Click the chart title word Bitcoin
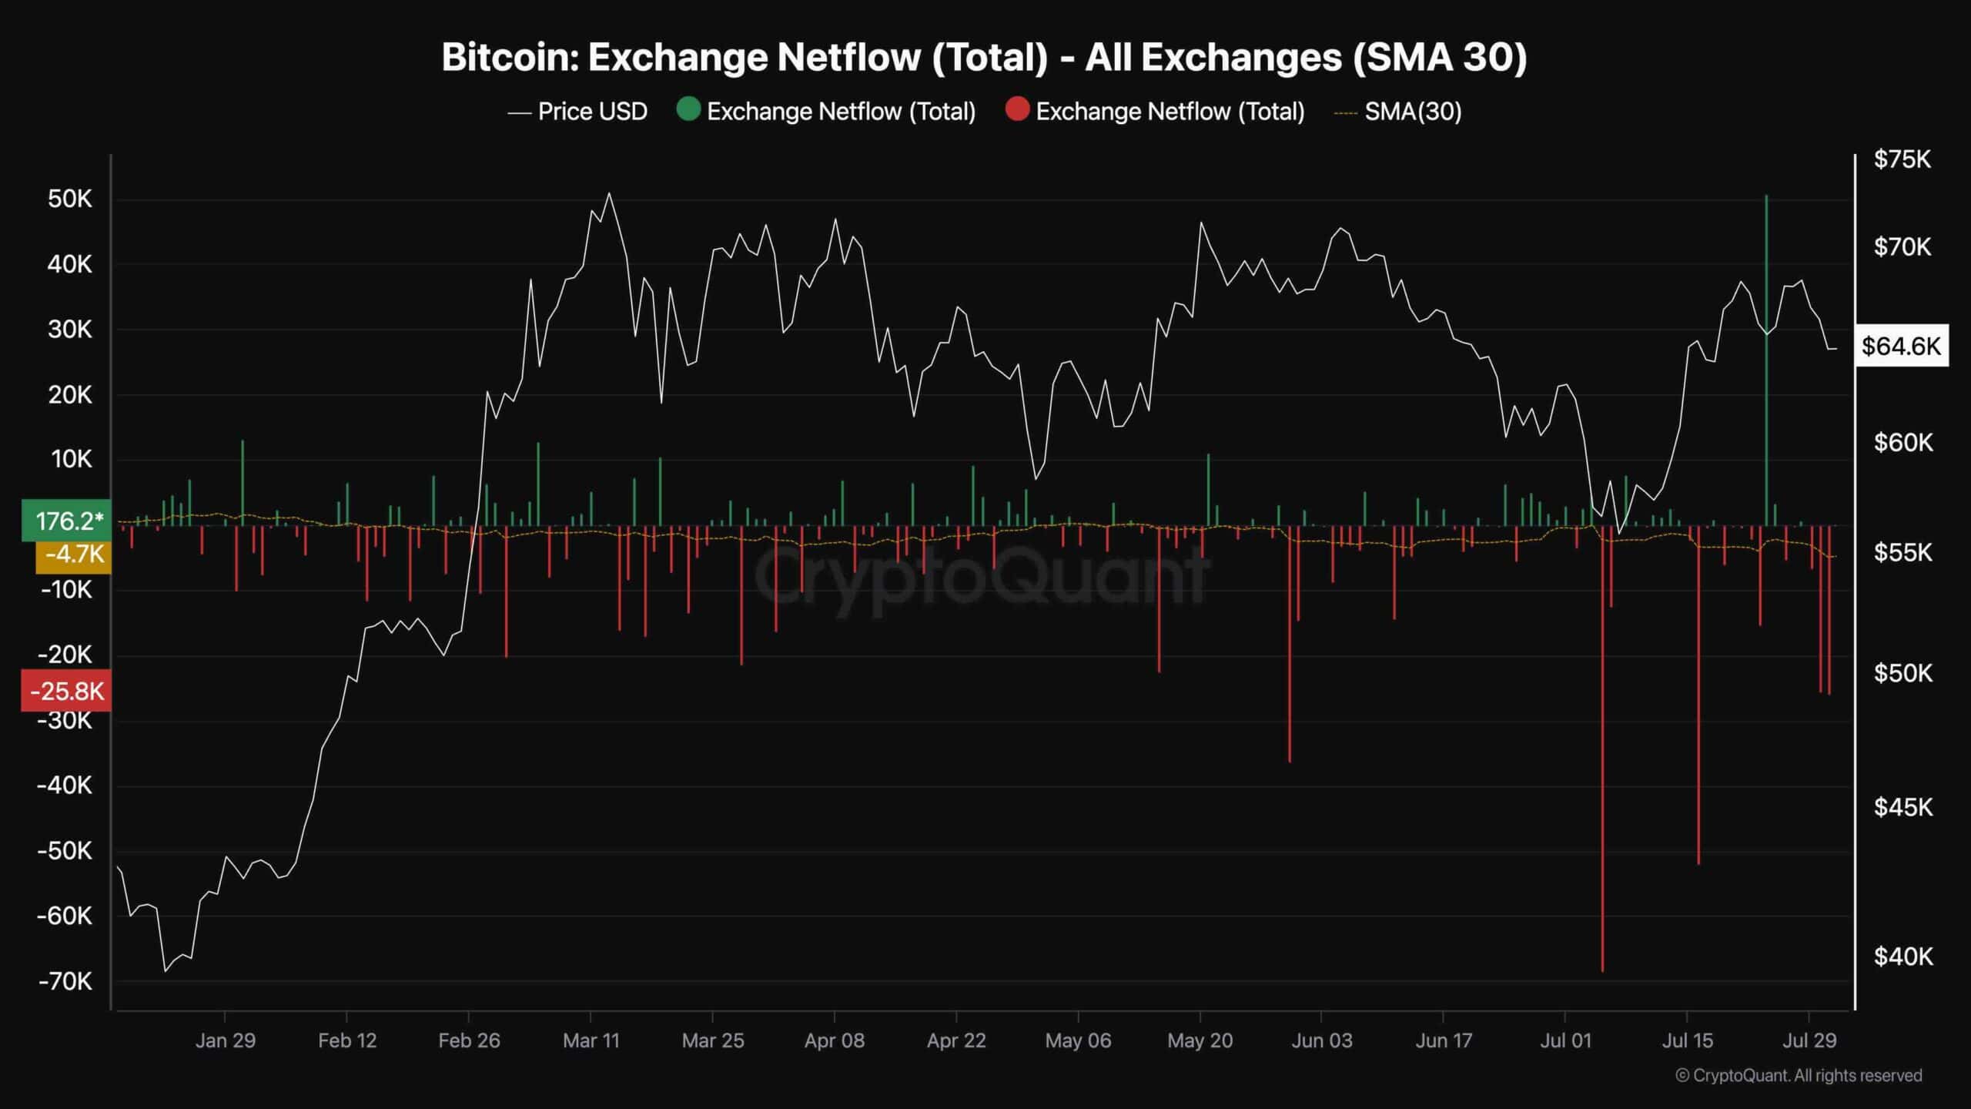click(x=509, y=58)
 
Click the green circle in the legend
click(x=688, y=110)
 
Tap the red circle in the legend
click(x=1017, y=110)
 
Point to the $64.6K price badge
click(x=1901, y=347)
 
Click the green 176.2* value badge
click(x=67, y=521)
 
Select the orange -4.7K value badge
click(x=73, y=554)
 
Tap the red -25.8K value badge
click(x=67, y=691)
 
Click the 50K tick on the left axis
click(x=69, y=199)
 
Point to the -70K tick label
click(x=65, y=981)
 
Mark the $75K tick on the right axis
click(x=1902, y=159)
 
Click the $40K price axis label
click(x=1902, y=957)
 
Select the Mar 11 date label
click(x=591, y=1040)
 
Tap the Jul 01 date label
click(x=1565, y=1040)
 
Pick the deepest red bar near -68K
click(x=1602, y=770)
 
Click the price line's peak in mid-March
click(x=609, y=194)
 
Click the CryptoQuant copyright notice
click(x=1799, y=1075)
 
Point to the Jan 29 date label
click(x=225, y=1040)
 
